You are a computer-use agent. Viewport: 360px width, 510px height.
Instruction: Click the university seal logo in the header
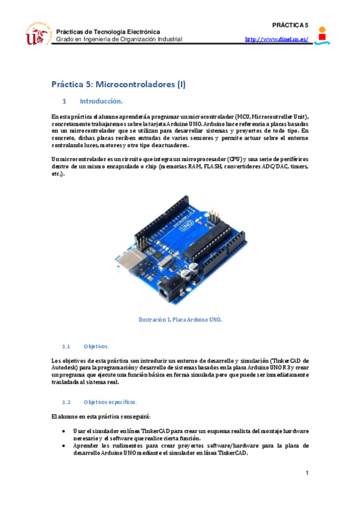(x=36, y=34)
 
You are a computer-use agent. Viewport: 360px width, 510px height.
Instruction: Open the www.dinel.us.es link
(x=276, y=40)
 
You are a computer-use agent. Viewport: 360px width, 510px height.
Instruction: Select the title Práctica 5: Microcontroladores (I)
(x=118, y=85)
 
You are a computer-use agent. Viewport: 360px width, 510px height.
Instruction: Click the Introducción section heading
(x=101, y=101)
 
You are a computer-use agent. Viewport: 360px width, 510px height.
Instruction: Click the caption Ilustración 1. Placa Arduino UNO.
(x=180, y=320)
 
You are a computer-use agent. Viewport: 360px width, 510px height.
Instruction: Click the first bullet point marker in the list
(x=64, y=432)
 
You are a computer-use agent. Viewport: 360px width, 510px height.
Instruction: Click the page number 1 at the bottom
(x=307, y=473)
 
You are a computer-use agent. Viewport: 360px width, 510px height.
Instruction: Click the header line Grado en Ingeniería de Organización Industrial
(x=119, y=39)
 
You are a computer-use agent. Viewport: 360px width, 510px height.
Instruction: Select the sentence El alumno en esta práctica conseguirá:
(x=92, y=417)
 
